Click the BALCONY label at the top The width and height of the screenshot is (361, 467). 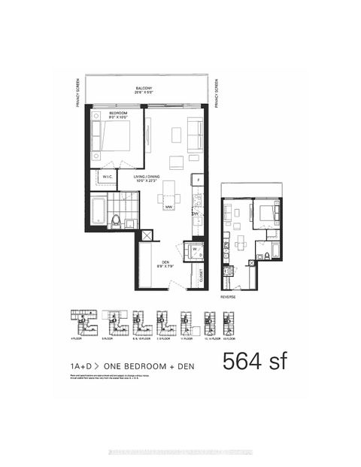click(x=145, y=89)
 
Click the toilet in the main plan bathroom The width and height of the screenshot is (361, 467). click(x=116, y=220)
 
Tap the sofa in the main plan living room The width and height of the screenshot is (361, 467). click(x=195, y=135)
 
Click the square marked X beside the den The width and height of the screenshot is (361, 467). click(x=147, y=236)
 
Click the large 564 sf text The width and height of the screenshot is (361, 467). click(x=254, y=362)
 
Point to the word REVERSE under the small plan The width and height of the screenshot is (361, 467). click(x=229, y=296)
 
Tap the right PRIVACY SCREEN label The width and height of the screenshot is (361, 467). click(x=215, y=94)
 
